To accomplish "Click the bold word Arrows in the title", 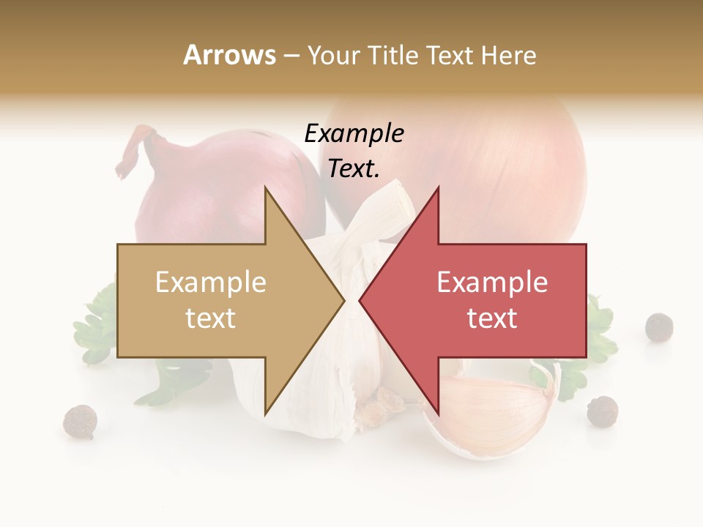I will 230,55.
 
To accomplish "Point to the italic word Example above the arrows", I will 354,134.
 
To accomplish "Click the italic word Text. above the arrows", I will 354,169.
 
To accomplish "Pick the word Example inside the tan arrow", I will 211,283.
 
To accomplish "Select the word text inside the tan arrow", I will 211,318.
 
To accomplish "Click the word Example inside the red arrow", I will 492,283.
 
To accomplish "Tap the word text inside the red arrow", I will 492,318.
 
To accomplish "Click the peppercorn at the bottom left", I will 80,422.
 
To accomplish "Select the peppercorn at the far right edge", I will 659,326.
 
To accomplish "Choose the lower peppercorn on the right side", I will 602,411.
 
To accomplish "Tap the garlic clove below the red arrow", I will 498,414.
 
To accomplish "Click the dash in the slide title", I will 291,56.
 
